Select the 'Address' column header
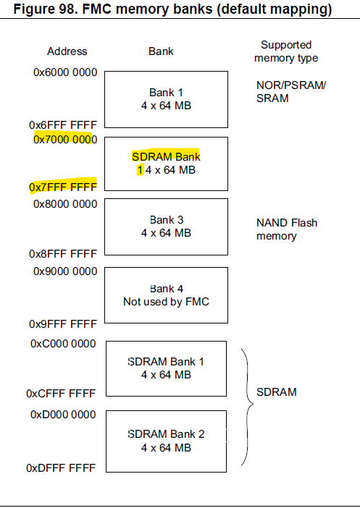point(67,51)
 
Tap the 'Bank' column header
point(161,51)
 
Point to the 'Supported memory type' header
point(289,51)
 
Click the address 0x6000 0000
point(65,73)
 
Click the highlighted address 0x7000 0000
point(63,138)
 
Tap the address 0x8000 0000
point(65,203)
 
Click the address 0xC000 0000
point(63,344)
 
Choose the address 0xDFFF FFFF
point(62,468)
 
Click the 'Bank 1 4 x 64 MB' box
point(166,99)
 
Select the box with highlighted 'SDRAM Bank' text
point(166,164)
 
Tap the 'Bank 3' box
point(166,226)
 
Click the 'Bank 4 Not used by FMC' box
point(166,295)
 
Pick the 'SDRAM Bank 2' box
point(166,440)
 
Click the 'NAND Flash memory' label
point(286,229)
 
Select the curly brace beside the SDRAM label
point(248,405)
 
